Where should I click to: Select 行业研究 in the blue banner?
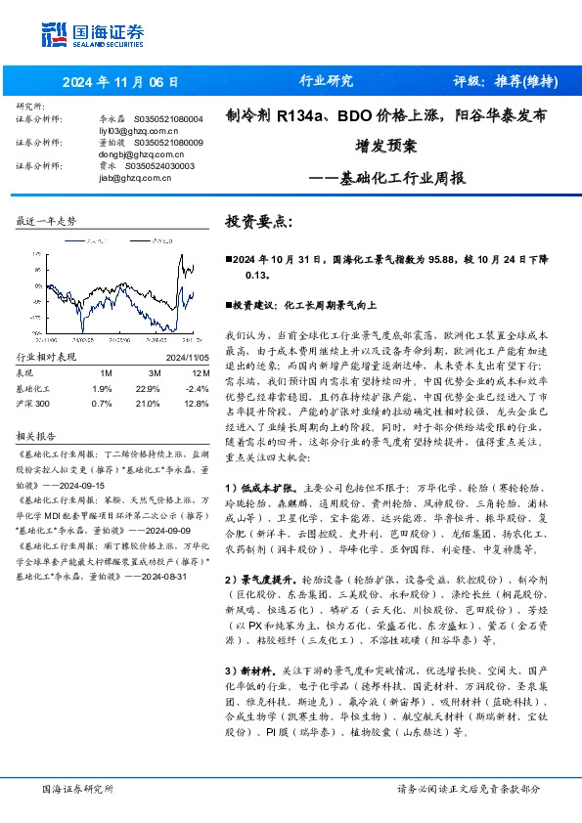[324, 81]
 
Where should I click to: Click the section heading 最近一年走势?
[47, 222]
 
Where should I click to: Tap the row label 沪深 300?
[37, 401]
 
